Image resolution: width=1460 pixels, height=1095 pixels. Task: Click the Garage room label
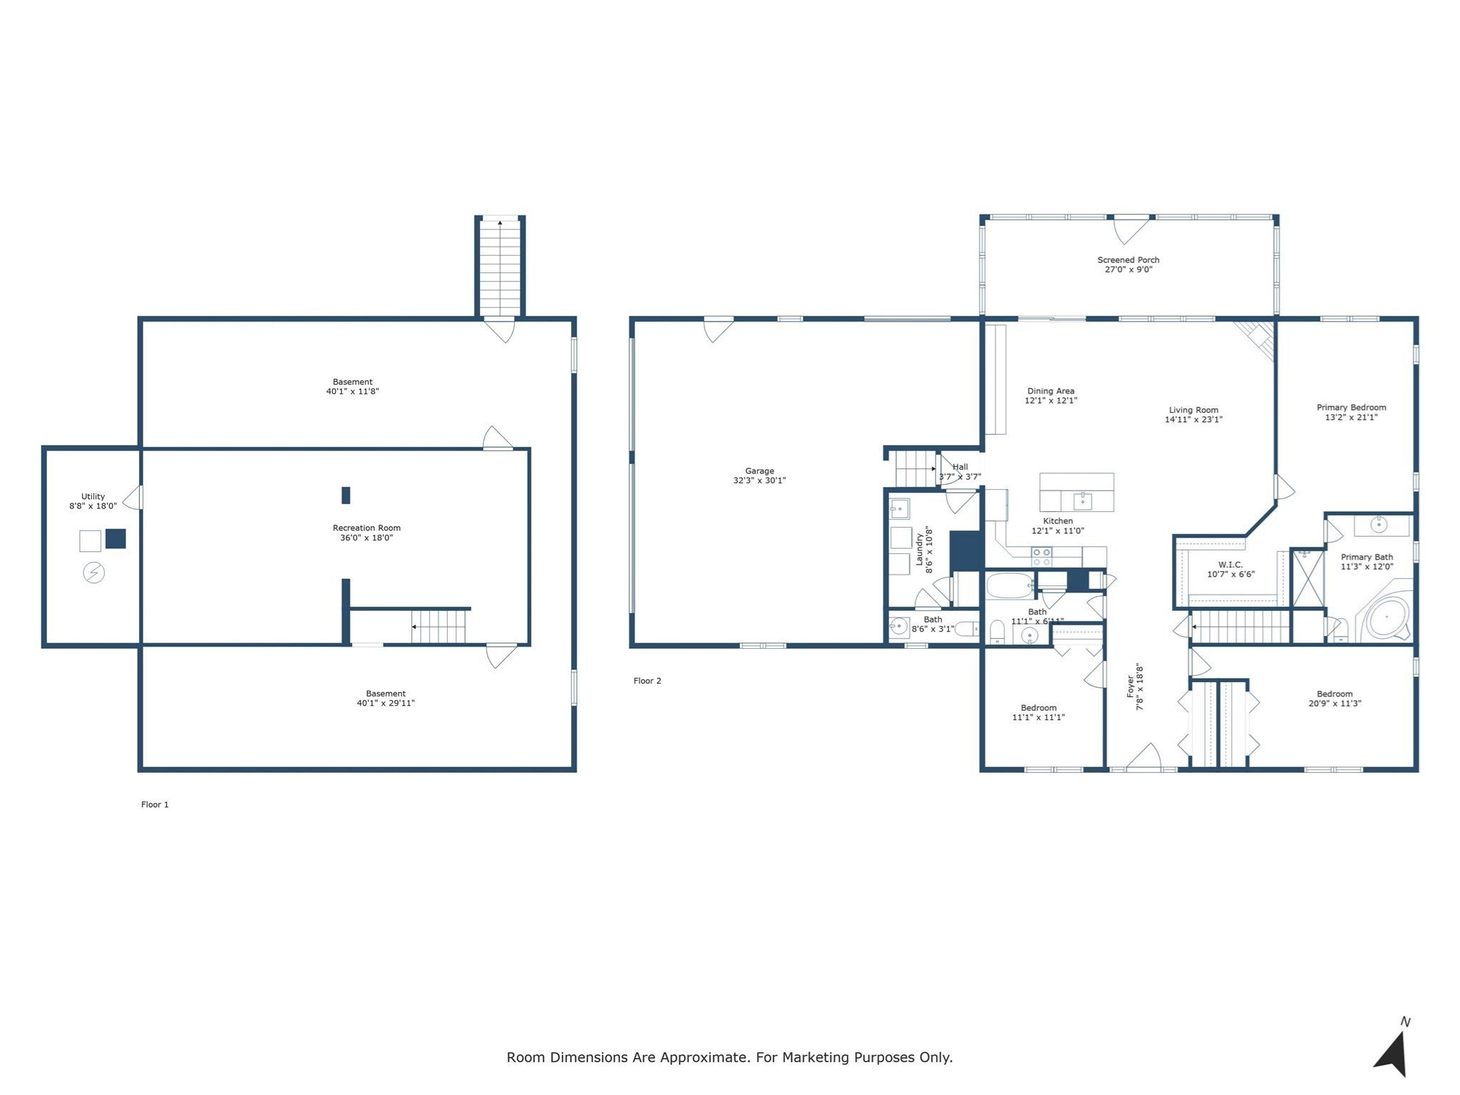pyautogui.click(x=759, y=471)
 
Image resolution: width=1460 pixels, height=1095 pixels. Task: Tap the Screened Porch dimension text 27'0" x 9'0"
pyautogui.click(x=1128, y=269)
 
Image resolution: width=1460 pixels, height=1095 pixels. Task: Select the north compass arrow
pyautogui.click(x=1392, y=1054)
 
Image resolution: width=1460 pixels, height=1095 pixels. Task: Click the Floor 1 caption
pyautogui.click(x=155, y=804)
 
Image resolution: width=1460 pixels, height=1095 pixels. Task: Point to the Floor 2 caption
pyautogui.click(x=647, y=681)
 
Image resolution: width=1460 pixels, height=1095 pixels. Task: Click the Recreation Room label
pyautogui.click(x=366, y=528)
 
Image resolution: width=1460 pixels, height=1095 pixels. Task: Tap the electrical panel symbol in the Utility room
pyautogui.click(x=94, y=572)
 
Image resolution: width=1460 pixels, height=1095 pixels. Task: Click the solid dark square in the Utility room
pyautogui.click(x=115, y=538)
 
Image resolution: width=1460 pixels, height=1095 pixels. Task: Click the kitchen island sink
pyautogui.click(x=1082, y=500)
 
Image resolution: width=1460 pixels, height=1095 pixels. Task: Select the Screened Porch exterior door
pyautogui.click(x=1131, y=228)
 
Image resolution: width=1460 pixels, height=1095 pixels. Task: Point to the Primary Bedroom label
pyautogui.click(x=1351, y=407)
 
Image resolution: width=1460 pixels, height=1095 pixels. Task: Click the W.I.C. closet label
pyautogui.click(x=1230, y=565)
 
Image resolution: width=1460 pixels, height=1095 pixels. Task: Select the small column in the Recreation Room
pyautogui.click(x=346, y=495)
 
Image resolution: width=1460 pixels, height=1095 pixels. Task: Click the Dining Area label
pyautogui.click(x=1050, y=391)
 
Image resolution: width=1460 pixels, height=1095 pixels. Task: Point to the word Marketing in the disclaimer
pyautogui.click(x=815, y=1057)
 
